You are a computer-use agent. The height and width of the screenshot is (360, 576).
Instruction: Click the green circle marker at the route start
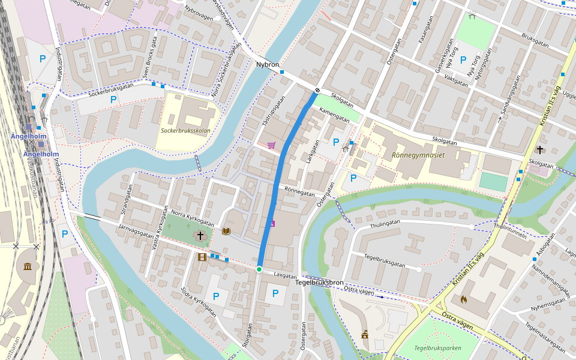pos(259,269)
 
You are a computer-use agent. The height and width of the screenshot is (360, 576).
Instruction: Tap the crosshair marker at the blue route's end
pos(317,91)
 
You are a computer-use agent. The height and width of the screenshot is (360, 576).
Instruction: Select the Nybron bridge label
pos(268,64)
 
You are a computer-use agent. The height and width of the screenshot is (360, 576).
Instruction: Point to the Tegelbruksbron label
pos(320,282)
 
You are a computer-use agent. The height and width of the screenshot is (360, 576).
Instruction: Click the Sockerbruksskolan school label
pos(185,130)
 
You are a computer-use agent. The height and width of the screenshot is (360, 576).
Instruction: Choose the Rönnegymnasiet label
pos(418,154)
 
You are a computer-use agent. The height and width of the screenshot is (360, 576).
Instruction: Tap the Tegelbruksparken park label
pos(437,347)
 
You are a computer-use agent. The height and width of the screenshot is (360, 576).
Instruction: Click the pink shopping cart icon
pos(272,145)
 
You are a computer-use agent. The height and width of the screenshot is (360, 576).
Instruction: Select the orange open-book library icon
pos(226,231)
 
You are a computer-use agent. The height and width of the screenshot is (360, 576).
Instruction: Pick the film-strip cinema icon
pos(202,257)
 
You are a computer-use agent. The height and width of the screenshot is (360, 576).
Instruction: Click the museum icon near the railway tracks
pos(28,267)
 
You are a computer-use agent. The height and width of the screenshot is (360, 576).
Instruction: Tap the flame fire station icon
pos(463,298)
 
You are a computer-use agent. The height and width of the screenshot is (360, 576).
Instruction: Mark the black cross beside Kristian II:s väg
pos(540,149)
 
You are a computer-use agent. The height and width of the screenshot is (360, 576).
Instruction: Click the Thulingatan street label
pos(385,223)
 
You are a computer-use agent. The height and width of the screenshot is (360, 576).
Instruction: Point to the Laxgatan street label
pos(285,275)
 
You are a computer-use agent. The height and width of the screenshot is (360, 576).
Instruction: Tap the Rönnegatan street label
pos(299,193)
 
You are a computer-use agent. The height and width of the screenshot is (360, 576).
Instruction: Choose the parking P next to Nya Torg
pos(463,59)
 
